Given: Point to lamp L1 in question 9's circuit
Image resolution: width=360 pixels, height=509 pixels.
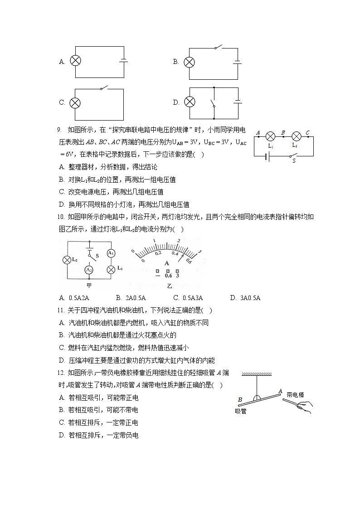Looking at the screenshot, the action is tap(271, 136).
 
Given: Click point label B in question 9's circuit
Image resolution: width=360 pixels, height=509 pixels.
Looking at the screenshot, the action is tap(283, 132).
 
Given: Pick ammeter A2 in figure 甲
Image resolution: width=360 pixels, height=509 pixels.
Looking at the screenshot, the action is tap(89, 270).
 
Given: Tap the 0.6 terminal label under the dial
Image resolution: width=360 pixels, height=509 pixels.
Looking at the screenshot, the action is tap(168, 276).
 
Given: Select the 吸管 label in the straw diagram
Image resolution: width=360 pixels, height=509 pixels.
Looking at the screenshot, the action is tap(241, 411).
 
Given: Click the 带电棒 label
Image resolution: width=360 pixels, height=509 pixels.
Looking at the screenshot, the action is tap(295, 394).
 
